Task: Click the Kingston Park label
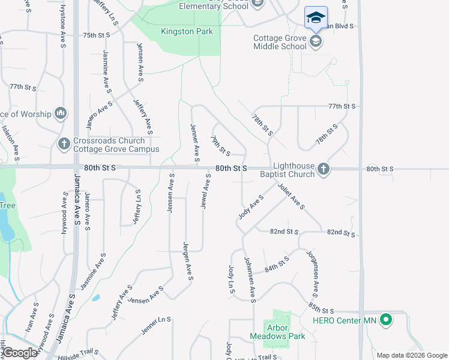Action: point(187,31)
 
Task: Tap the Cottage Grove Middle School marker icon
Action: point(316,41)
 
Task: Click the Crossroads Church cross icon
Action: point(64,143)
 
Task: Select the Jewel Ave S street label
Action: point(205,191)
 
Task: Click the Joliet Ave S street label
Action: point(291,196)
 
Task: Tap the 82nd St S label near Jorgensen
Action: point(341,233)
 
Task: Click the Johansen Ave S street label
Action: point(250,277)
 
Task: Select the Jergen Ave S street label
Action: point(188,261)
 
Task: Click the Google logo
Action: point(20,353)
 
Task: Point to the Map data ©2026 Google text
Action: point(412,355)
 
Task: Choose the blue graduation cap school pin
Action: point(316,17)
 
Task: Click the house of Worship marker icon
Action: point(60,113)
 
